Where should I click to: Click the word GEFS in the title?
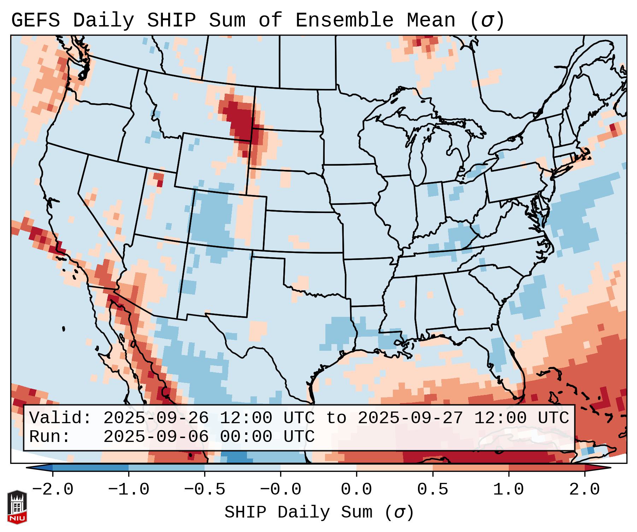click(x=35, y=20)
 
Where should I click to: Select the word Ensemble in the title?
click(x=344, y=20)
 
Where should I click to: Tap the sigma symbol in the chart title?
click(x=486, y=20)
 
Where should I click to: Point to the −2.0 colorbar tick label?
click(x=52, y=490)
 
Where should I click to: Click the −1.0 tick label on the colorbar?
click(x=128, y=490)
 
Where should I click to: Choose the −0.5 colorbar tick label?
click(x=205, y=490)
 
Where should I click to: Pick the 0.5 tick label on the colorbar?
click(x=432, y=490)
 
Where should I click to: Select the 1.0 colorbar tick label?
click(x=508, y=490)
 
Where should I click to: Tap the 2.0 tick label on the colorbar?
click(x=584, y=490)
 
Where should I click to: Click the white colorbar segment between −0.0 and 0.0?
click(x=318, y=468)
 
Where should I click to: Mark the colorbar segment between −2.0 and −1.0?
click(x=90, y=468)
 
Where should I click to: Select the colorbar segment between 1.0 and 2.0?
click(x=547, y=468)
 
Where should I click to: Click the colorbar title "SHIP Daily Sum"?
click(x=299, y=513)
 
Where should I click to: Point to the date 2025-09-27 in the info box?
click(x=410, y=418)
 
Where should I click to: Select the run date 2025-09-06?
click(x=156, y=437)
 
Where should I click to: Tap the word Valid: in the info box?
click(x=60, y=418)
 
